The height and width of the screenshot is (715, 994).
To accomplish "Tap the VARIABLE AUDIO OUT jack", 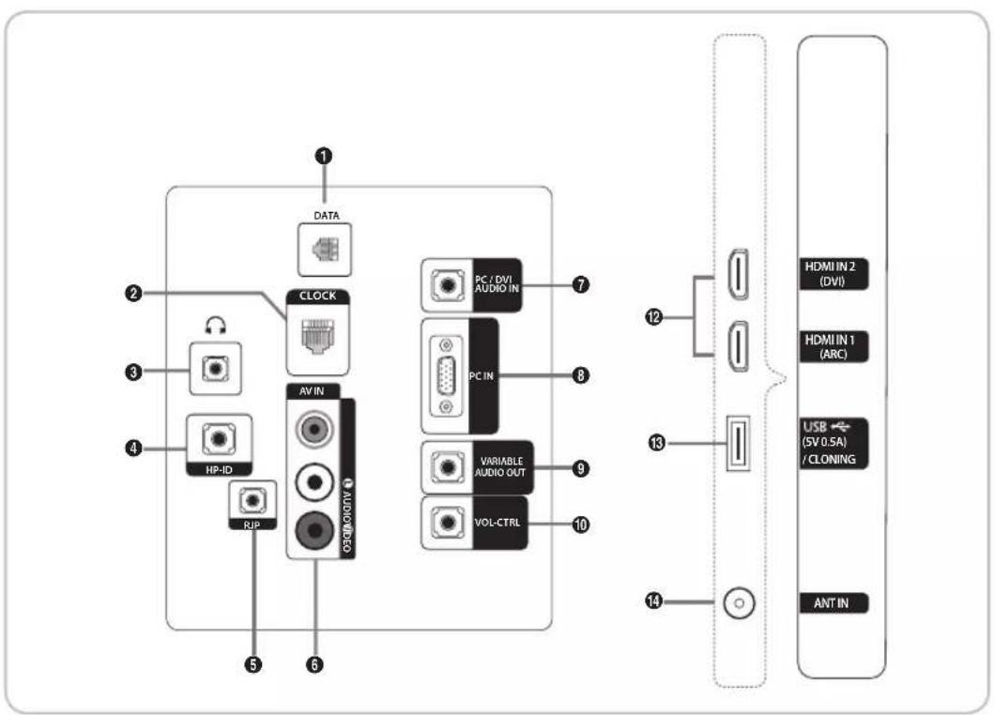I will click(x=445, y=466).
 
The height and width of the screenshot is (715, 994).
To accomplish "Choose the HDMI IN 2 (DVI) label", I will click(x=831, y=273).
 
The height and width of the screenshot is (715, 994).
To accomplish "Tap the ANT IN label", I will click(x=831, y=603).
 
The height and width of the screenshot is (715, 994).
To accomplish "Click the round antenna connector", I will click(x=738, y=603).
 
